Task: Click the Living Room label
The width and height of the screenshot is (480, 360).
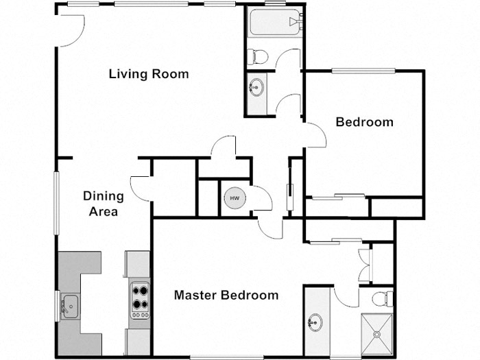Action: [x=149, y=74]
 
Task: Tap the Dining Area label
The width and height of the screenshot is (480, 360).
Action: [x=104, y=204]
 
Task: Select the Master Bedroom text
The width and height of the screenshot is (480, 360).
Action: [x=226, y=296]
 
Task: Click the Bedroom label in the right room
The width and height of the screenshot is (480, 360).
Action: [x=364, y=122]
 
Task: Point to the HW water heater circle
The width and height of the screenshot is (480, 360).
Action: [x=235, y=198]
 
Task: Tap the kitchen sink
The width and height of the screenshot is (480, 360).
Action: [x=69, y=302]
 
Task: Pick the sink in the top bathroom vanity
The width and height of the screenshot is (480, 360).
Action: [x=257, y=87]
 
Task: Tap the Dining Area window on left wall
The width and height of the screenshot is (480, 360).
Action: [x=56, y=202]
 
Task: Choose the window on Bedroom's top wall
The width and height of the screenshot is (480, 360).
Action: [x=363, y=69]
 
